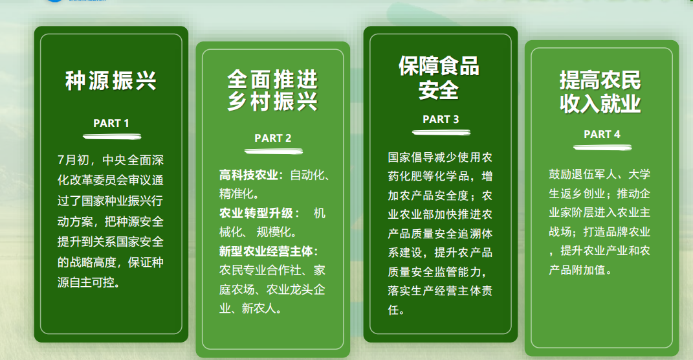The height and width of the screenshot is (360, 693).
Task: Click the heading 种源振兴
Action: pyautogui.click(x=111, y=81)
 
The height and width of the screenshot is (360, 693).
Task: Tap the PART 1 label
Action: pyautogui.click(x=111, y=124)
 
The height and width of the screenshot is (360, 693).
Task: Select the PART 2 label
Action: pyautogui.click(x=272, y=139)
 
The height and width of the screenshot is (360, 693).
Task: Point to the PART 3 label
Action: pyautogui.click(x=441, y=119)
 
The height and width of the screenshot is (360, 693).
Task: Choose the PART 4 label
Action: pyautogui.click(x=602, y=135)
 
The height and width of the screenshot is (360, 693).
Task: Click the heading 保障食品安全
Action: pyautogui.click(x=439, y=78)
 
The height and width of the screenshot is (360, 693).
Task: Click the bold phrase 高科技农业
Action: pyautogui.click(x=248, y=175)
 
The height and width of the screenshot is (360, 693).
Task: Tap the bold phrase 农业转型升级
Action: pyautogui.click(x=256, y=213)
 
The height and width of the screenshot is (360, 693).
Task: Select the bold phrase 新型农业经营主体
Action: pyautogui.click(x=267, y=251)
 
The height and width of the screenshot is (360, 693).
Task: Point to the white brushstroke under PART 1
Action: pyautogui.click(x=112, y=137)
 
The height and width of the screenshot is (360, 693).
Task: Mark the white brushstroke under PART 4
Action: pyautogui.click(x=602, y=147)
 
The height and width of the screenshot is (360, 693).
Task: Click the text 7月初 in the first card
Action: pyautogui.click(x=73, y=160)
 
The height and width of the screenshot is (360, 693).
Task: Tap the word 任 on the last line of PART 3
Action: pyautogui.click(x=393, y=310)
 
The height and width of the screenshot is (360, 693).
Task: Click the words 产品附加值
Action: pyautogui.click(x=577, y=270)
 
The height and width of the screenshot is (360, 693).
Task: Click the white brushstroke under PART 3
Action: pyautogui.click(x=441, y=132)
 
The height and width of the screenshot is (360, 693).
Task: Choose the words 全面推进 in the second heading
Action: pyautogui.click(x=272, y=80)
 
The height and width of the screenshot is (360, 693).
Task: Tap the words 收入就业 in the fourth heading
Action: pyautogui.click(x=600, y=104)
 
